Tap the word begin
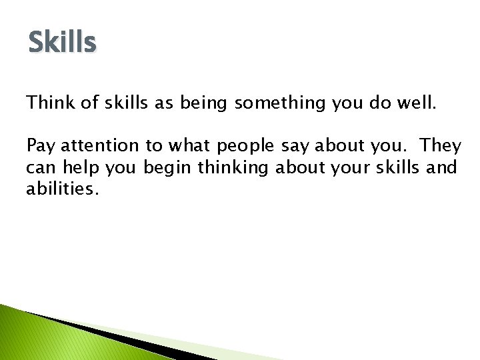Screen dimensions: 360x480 pyautogui.click(x=163, y=167)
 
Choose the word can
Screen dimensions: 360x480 pyautogui.click(x=39, y=167)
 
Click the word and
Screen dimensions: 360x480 pyautogui.click(x=442, y=167)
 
